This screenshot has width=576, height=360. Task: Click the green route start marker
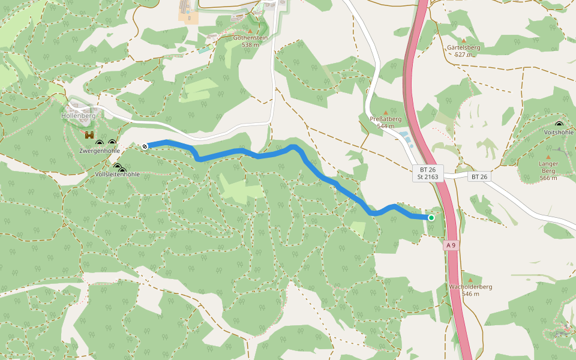click(431, 217)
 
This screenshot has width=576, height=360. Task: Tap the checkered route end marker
click(145, 146)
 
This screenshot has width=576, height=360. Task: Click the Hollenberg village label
click(78, 115)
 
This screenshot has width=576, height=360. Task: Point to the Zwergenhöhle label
click(100, 151)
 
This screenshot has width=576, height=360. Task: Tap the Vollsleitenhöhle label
click(118, 174)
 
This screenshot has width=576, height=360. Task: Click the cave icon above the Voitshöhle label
click(559, 124)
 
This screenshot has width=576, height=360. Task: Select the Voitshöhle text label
click(559, 132)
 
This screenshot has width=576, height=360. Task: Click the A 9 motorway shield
click(451, 245)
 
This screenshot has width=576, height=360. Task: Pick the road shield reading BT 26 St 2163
click(428, 173)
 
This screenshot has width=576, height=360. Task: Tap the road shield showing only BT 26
click(479, 176)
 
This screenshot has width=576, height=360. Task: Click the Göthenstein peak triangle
click(250, 31)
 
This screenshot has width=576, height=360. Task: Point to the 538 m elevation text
click(250, 44)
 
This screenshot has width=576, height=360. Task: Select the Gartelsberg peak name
click(464, 47)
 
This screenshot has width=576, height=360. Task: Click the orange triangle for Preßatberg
click(385, 112)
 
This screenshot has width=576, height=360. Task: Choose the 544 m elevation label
click(385, 126)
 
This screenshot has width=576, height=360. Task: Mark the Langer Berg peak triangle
click(548, 157)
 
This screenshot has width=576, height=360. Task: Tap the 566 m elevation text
click(548, 178)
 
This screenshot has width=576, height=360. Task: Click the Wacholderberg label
click(470, 286)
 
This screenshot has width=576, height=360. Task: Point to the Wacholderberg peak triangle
click(470, 280)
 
